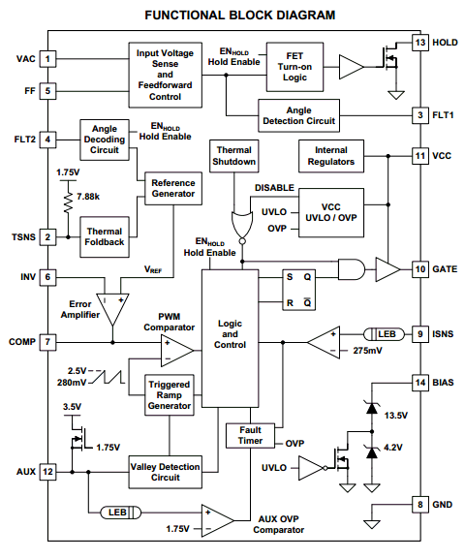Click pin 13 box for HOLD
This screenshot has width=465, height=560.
point(420,43)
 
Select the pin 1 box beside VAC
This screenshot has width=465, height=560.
point(47,59)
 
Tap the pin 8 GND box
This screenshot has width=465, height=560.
point(420,505)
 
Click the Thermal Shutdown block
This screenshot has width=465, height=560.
point(233,156)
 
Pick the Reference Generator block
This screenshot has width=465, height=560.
point(173,188)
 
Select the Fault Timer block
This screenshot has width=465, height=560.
point(250,435)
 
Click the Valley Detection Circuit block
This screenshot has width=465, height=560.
point(165,472)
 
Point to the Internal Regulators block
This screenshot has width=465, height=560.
point(331,156)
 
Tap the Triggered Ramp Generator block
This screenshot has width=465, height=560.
point(170,395)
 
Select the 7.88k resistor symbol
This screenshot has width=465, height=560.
point(68,203)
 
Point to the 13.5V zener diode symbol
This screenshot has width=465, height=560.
point(372,408)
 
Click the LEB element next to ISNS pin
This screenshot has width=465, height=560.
point(385,334)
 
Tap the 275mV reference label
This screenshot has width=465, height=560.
point(367,351)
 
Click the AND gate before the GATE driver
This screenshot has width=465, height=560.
point(352,269)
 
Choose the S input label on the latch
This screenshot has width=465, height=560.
point(290,277)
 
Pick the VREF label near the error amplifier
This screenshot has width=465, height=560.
point(153,269)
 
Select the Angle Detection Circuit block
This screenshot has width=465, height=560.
point(299,115)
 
